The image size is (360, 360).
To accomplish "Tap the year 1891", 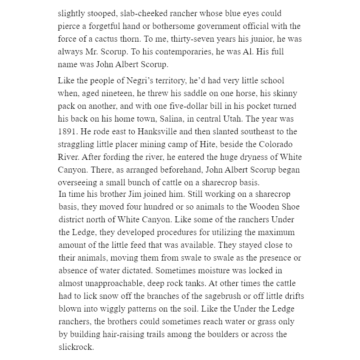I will (x=67, y=132).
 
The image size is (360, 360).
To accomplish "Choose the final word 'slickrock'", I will (x=76, y=347).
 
